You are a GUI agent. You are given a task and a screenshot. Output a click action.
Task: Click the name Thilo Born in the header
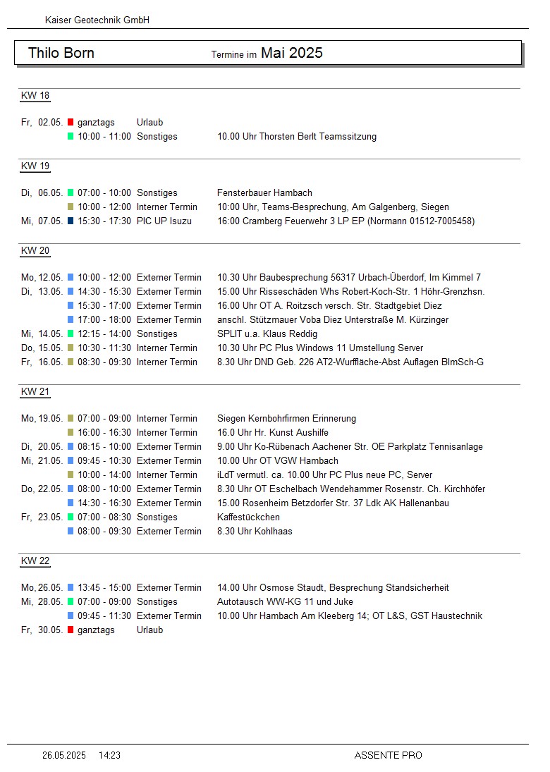click(x=61, y=54)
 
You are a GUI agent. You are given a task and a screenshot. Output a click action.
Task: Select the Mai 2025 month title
click(x=291, y=53)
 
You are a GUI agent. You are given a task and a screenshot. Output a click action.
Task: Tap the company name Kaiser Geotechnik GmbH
click(x=97, y=20)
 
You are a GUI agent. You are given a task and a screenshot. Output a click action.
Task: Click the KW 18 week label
click(x=35, y=96)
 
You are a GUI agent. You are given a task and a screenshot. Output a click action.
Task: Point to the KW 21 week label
click(x=35, y=392)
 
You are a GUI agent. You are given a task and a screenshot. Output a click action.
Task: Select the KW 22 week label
click(x=35, y=561)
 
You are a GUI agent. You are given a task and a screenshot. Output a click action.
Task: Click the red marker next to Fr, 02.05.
click(x=71, y=123)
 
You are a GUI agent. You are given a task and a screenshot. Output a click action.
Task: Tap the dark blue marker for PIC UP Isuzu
click(x=71, y=221)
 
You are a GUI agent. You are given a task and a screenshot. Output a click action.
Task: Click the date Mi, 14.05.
click(x=42, y=334)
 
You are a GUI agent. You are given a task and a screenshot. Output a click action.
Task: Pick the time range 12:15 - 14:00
click(x=104, y=334)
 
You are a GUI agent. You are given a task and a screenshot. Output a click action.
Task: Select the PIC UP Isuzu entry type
click(x=164, y=221)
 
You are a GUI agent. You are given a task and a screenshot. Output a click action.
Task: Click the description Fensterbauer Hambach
click(x=264, y=193)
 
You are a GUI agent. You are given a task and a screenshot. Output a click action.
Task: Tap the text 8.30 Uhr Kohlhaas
click(x=255, y=532)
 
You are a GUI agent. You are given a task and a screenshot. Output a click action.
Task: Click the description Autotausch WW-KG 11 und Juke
click(x=285, y=602)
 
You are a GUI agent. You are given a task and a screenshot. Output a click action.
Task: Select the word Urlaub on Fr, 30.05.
click(x=149, y=630)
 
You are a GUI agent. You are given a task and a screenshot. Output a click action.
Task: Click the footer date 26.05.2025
click(x=63, y=755)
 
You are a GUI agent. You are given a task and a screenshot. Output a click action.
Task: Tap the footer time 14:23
click(x=109, y=755)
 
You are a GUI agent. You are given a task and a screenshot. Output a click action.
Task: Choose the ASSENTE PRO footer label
click(x=388, y=755)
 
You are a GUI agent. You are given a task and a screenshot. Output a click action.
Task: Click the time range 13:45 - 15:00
click(x=104, y=588)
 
